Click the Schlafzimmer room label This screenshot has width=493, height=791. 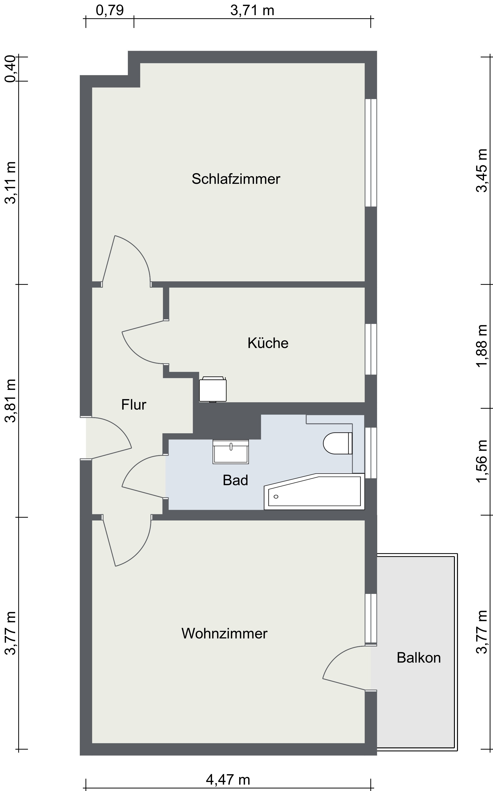236,179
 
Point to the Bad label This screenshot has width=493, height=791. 235,480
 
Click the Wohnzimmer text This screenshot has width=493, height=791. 224,633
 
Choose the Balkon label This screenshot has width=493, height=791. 419,658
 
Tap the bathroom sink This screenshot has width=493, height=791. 231,452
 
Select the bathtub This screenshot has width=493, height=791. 314,492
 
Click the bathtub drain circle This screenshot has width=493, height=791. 276,497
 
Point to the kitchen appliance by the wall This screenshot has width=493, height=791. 213,389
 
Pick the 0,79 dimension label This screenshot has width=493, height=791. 110,10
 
